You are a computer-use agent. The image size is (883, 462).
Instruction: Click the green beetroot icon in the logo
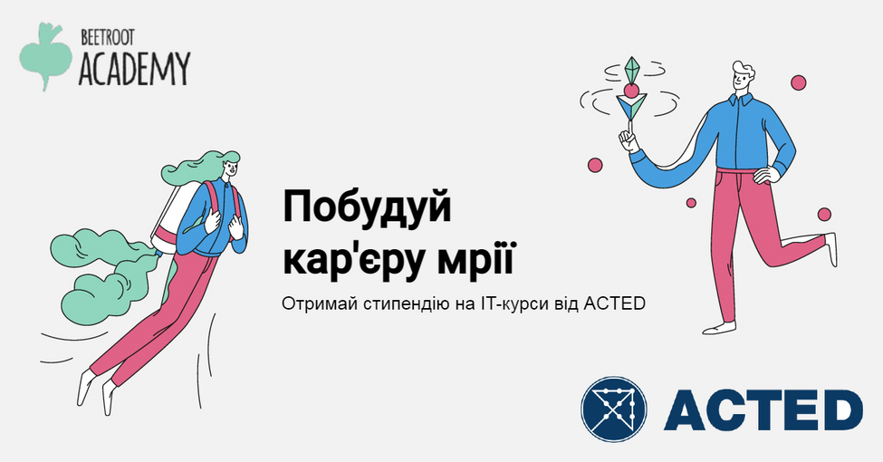click(x=45, y=56)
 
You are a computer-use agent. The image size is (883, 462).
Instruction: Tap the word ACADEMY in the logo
click(x=134, y=69)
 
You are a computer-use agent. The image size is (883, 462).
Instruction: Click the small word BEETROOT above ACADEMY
click(x=108, y=38)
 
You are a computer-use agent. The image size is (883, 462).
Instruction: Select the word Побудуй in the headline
click(x=367, y=208)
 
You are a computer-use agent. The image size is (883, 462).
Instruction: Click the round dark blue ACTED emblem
click(x=613, y=409)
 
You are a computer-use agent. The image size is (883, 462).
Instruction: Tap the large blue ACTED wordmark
click(x=763, y=409)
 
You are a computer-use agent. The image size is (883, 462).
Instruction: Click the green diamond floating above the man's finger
click(x=632, y=70)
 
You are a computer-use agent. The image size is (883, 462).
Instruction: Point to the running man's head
click(x=744, y=78)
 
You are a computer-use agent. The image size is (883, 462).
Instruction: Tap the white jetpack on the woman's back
click(x=172, y=217)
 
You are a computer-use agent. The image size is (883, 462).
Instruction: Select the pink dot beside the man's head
click(x=799, y=82)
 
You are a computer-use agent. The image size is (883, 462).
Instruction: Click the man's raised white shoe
click(x=831, y=249)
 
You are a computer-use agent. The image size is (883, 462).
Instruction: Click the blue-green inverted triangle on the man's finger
click(x=630, y=105)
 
